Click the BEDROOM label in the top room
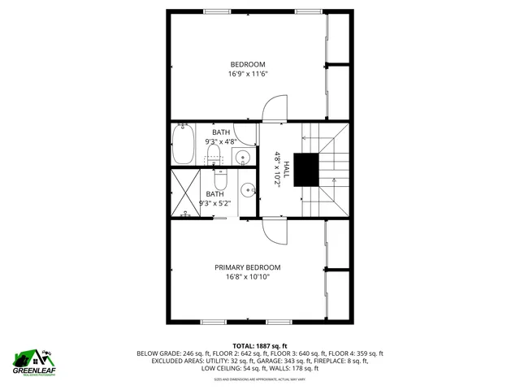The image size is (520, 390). tap(247, 65)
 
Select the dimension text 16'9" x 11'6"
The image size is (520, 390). tap(247, 74)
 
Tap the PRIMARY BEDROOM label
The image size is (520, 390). tap(247, 267)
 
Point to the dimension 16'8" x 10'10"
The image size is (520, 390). tap(247, 277)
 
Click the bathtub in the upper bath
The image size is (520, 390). tap(183, 145)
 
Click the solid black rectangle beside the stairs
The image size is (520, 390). tap(306, 169)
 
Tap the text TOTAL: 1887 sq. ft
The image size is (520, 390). tap(259, 345)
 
